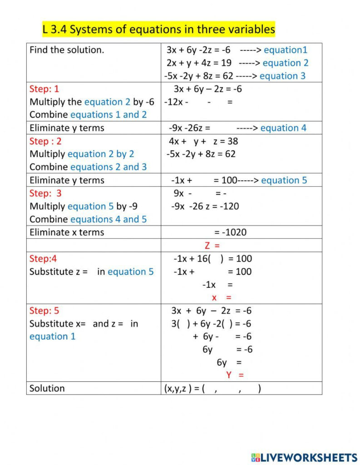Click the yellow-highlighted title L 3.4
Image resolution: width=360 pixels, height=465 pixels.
coord(158,30)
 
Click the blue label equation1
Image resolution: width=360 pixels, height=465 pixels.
coord(286,50)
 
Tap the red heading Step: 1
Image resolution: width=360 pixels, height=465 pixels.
coord(44,89)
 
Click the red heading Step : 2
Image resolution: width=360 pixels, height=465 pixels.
coord(45,141)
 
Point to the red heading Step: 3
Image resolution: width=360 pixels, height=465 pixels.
coord(45,193)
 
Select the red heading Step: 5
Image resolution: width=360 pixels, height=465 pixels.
coord(44,311)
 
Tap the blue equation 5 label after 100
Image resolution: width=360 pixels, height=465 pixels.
coord(284,180)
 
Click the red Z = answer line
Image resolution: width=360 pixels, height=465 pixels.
coord(212,246)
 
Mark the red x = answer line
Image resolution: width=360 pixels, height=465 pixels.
coord(222,298)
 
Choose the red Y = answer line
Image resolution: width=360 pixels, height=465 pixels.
coord(235,375)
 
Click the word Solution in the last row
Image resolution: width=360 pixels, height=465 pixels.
coord(47,388)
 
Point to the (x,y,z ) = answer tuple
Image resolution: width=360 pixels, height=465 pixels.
coord(212,389)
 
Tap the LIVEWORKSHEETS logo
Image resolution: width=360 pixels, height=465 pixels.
coord(303,457)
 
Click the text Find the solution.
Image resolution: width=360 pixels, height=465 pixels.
coord(67,50)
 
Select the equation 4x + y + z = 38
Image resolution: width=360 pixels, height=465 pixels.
coord(203,141)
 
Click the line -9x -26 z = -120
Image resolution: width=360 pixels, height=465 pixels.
coord(205,206)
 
